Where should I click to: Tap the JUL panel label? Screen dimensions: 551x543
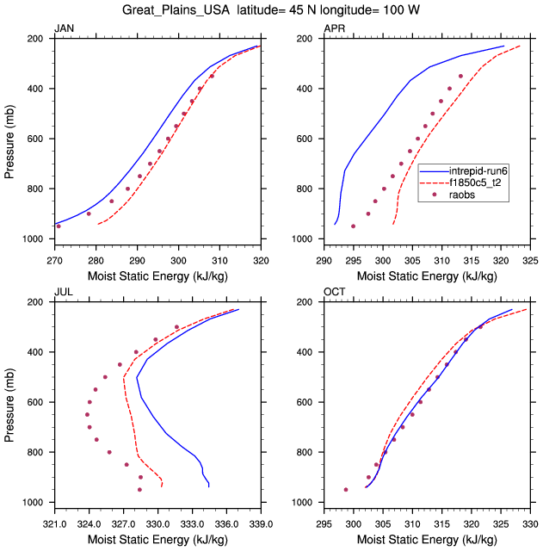[x=63, y=293]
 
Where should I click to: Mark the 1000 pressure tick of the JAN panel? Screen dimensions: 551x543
[x=37, y=238]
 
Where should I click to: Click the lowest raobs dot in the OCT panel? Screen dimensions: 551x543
[x=346, y=489]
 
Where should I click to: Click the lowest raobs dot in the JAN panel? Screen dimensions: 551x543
[x=59, y=226]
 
